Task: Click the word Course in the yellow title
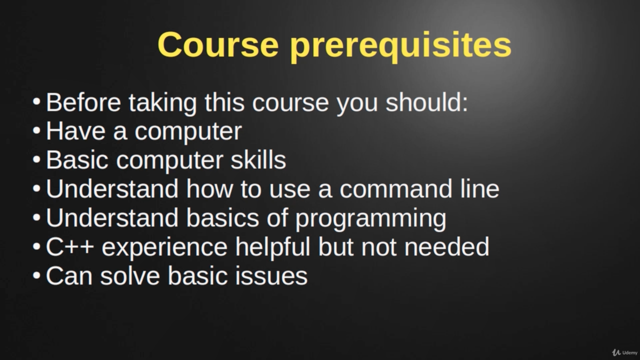tap(218, 44)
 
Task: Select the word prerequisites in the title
tap(400, 47)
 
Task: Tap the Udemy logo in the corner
tap(624, 352)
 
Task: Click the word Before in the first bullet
tap(83, 102)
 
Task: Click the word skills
tap(258, 159)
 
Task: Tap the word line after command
tap(479, 188)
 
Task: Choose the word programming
tap(370, 219)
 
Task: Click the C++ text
tap(70, 246)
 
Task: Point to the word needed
tap(447, 246)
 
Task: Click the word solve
tap(130, 275)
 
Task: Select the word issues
tap(271, 275)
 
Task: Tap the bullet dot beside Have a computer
tap(36, 130)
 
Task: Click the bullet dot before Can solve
tap(36, 275)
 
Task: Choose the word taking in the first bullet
tap(163, 103)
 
